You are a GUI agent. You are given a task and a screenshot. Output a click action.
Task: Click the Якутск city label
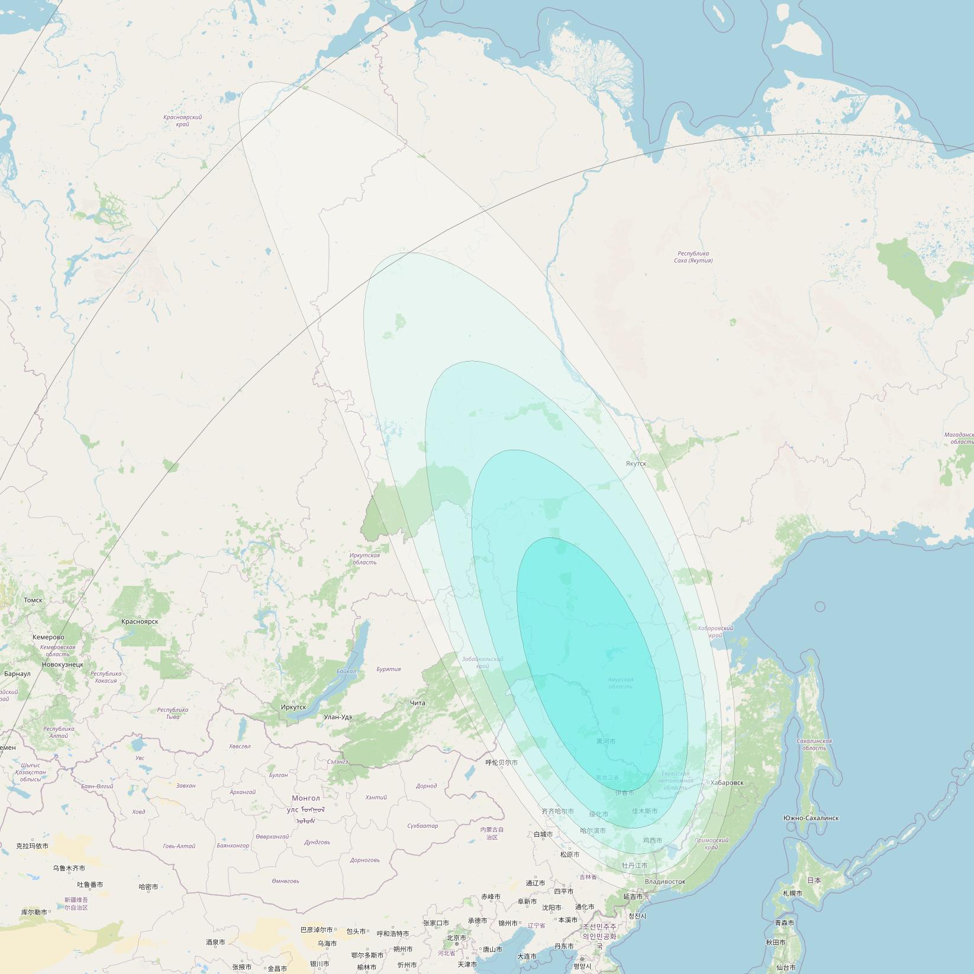pyautogui.click(x=636, y=463)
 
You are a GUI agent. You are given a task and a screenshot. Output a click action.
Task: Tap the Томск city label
pyautogui.click(x=33, y=600)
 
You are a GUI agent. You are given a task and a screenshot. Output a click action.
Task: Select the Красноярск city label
pyautogui.click(x=140, y=621)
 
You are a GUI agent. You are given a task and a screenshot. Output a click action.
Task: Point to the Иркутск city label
pyautogui.click(x=294, y=707)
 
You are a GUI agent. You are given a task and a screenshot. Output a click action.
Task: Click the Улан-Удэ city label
pyautogui.click(x=338, y=717)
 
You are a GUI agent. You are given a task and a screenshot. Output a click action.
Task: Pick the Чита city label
pyautogui.click(x=417, y=703)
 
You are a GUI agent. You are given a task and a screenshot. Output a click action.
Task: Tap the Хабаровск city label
pyautogui.click(x=727, y=783)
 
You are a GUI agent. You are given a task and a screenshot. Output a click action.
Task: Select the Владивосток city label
pyautogui.click(x=665, y=881)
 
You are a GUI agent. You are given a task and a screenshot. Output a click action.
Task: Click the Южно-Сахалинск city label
pyautogui.click(x=811, y=818)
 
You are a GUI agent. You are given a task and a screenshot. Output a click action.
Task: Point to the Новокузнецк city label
pyautogui.click(x=63, y=665)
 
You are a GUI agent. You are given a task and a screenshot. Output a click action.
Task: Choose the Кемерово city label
pyautogui.click(x=49, y=637)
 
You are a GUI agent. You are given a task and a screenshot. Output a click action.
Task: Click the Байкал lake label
pyautogui.click(x=346, y=671)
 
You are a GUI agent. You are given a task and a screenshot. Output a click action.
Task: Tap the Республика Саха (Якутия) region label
pyautogui.click(x=692, y=257)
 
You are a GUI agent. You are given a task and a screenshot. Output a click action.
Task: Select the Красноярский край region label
pyautogui.click(x=183, y=121)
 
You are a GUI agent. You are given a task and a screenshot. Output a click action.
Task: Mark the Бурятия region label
pyautogui.click(x=388, y=669)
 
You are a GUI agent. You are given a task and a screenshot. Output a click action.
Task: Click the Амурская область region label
pyautogui.click(x=620, y=683)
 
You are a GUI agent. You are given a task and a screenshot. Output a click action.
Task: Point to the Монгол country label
pyautogui.click(x=305, y=798)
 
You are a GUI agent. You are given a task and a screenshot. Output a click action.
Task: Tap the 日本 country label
pyautogui.click(x=814, y=881)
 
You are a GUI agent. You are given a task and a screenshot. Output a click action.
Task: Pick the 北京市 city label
pyautogui.click(x=456, y=938)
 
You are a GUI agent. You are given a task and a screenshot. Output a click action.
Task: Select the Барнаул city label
pyautogui.click(x=17, y=673)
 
